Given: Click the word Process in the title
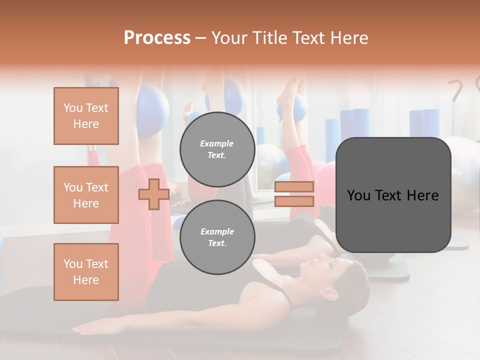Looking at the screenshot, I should (x=157, y=38).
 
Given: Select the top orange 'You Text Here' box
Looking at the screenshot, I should (x=86, y=116).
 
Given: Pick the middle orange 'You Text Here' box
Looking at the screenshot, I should (x=86, y=195).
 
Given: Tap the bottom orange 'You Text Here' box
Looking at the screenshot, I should (x=86, y=271).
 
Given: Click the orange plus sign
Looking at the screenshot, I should (x=153, y=194).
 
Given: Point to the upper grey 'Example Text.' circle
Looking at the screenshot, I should (x=217, y=149).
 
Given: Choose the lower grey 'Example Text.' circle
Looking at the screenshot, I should (x=217, y=237).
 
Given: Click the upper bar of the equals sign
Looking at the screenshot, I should (x=294, y=187).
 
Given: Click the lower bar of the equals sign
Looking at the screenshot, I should (x=294, y=201).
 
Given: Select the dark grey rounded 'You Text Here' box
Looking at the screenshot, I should (x=393, y=195).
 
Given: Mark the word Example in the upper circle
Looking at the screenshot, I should (x=216, y=143).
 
